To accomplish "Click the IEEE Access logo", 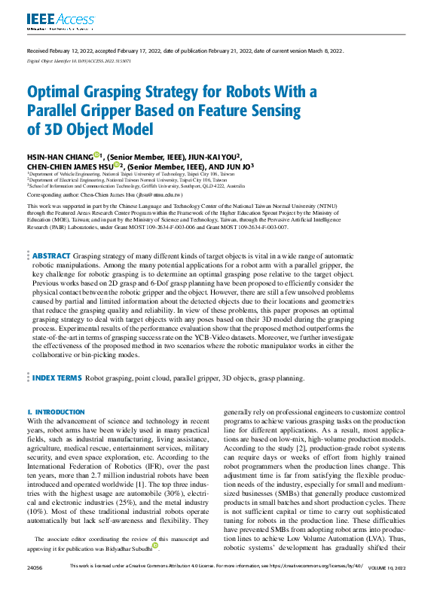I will (x=50, y=20).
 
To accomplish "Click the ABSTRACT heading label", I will (x=51, y=256).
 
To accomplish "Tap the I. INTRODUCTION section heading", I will (x=50, y=412).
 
